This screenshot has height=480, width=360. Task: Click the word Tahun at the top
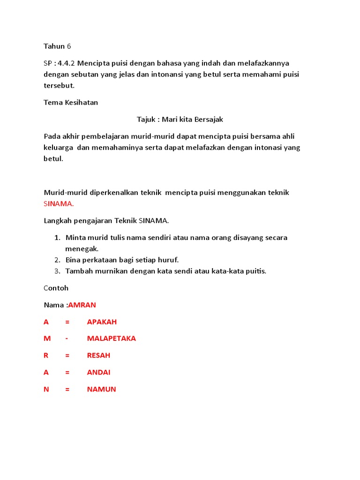pos(54,46)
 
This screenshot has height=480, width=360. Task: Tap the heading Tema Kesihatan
pos(71,102)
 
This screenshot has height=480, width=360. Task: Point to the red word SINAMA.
pos(59,204)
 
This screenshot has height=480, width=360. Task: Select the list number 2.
pos(57,260)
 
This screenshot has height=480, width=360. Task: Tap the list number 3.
pos(57,271)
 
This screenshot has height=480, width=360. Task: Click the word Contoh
pos(56,288)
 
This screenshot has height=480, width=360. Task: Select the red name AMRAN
pos(82,305)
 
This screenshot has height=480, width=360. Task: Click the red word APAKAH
pos(102,322)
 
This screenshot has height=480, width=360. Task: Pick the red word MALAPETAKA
pos(112,338)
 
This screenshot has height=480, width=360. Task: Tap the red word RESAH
pos(98,355)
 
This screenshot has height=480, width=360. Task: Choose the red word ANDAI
pos(98,372)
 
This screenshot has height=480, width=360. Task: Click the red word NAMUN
pos(101,389)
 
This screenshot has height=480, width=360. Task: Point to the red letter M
pos(46,338)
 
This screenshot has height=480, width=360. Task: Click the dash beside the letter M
pos(67,338)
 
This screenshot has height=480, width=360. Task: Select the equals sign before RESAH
pos(67,355)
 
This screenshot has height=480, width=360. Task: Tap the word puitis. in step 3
pos(255,271)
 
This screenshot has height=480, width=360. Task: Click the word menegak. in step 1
pos(82,249)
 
